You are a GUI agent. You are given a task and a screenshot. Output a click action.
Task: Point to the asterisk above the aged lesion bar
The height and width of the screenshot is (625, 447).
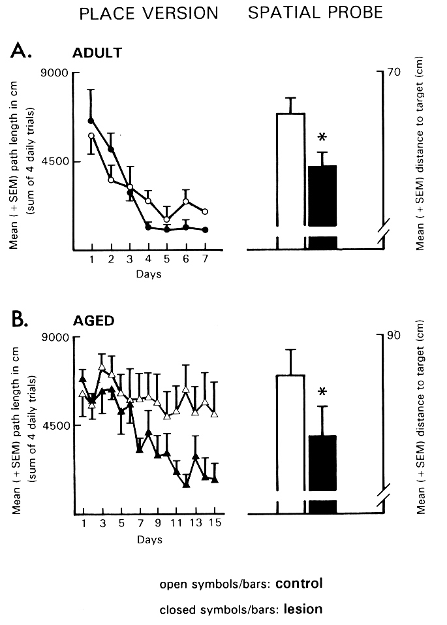tap(322, 393)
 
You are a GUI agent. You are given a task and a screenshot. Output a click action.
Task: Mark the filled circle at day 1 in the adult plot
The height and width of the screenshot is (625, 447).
tap(91, 121)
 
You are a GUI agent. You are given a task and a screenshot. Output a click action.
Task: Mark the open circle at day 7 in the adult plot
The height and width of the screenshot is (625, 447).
tap(205, 212)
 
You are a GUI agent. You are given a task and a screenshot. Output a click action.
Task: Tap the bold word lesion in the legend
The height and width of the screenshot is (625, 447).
tap(300, 609)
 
